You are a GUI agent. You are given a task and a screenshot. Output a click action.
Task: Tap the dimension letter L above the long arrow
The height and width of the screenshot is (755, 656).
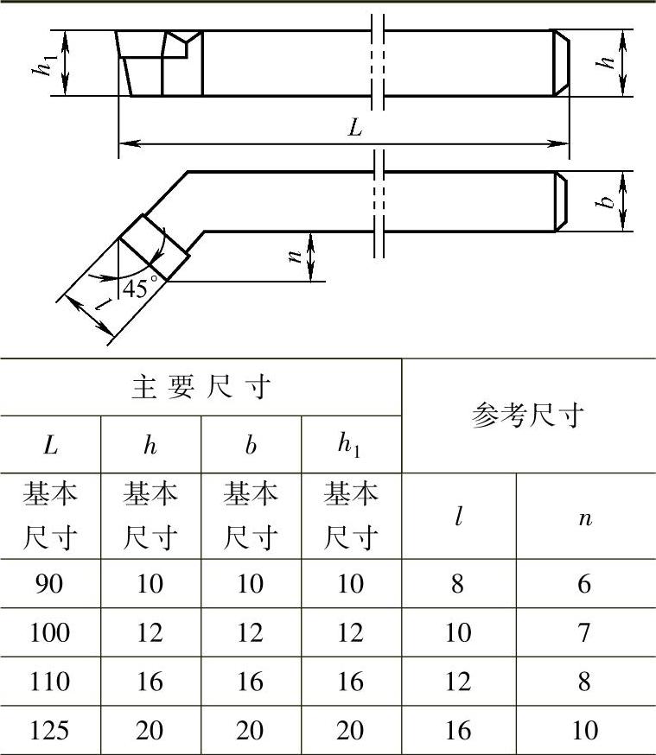tap(355, 128)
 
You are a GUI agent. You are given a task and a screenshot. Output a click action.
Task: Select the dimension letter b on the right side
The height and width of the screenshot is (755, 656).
tap(608, 200)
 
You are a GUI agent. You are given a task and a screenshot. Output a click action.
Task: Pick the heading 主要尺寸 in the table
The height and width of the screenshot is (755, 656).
tap(201, 388)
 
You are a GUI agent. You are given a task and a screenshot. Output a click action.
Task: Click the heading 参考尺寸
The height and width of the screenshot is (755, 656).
tap(528, 416)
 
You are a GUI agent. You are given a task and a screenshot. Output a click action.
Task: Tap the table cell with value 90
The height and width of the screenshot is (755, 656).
tap(50, 584)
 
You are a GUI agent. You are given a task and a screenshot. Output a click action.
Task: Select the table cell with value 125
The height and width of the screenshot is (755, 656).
tap(50, 731)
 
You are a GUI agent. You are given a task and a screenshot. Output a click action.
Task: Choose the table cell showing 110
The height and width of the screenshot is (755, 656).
tap(50, 682)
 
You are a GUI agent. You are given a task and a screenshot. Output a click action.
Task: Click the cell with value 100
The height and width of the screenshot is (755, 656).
tap(50, 633)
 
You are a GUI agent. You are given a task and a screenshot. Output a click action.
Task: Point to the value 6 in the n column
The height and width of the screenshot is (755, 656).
tap(585, 584)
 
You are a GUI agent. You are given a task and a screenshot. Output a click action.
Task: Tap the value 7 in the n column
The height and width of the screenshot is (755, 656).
tap(585, 633)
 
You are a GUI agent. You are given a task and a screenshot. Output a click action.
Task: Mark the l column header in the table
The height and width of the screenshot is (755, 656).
tap(459, 517)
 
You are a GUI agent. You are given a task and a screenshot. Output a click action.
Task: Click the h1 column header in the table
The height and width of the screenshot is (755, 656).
tap(351, 446)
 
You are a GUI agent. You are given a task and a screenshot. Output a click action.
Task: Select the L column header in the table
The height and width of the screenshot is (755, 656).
tap(50, 446)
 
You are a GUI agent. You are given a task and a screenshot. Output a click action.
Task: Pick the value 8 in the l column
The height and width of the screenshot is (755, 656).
tap(457, 584)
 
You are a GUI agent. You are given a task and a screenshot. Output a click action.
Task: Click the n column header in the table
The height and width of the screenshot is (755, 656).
tap(585, 517)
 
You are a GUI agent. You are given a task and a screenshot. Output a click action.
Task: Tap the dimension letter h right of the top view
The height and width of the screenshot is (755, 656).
tap(608, 62)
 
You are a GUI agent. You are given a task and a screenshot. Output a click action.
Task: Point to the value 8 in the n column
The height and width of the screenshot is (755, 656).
tap(585, 682)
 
